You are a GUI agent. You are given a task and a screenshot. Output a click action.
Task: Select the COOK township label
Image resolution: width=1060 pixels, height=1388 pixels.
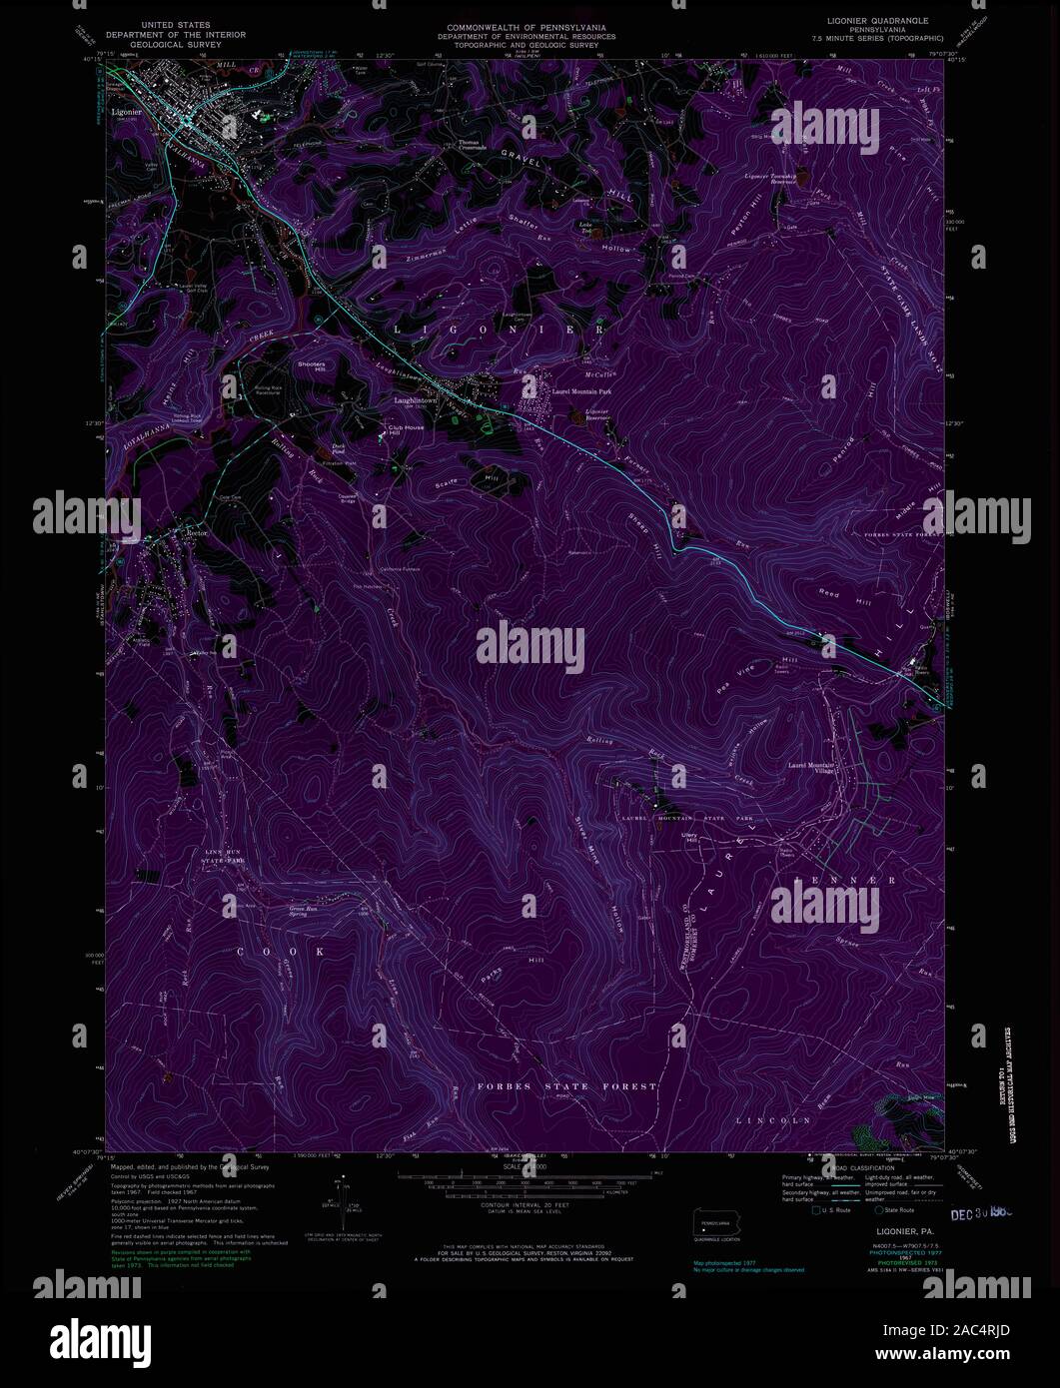(281, 952)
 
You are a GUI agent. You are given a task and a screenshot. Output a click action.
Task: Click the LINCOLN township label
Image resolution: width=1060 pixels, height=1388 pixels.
(772, 1121)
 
